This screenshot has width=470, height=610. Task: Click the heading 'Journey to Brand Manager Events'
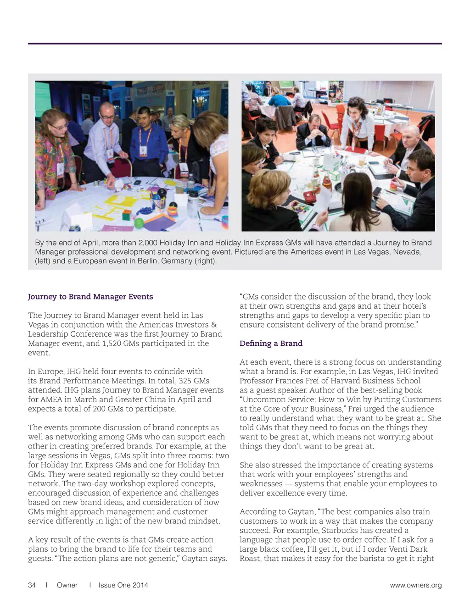(x=90, y=297)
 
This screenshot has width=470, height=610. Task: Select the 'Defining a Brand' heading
(x=271, y=344)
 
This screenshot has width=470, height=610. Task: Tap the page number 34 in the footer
(x=32, y=585)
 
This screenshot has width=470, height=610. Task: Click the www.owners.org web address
(x=416, y=585)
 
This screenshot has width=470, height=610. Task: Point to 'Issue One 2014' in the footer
(x=123, y=585)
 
